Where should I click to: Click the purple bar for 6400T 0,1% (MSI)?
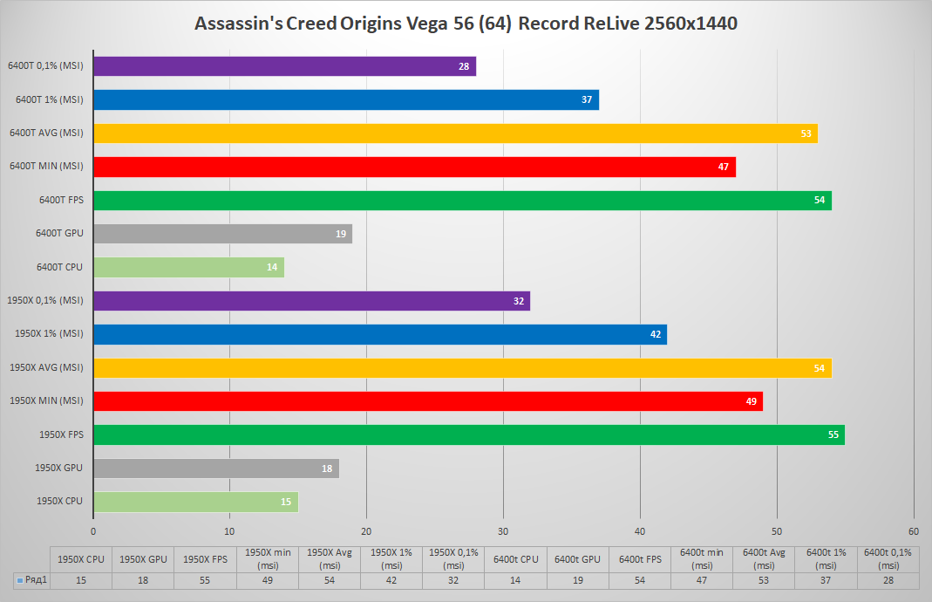pos(284,66)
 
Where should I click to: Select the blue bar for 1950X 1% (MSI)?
pos(379,334)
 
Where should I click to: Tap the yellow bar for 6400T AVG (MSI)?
pos(455,133)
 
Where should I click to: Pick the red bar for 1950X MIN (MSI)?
pos(427,401)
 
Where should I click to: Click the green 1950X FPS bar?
pos(468,434)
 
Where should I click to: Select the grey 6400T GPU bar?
pos(222,234)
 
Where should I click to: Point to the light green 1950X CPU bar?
pos(195,502)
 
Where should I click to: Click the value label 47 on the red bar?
pos(723,167)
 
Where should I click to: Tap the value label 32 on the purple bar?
pos(518,301)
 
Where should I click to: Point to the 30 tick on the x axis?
pos(503,531)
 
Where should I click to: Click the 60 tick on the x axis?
pos(913,531)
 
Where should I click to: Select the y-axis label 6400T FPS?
pos(61,200)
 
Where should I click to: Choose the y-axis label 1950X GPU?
pos(58,468)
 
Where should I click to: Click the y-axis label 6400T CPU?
pos(60,267)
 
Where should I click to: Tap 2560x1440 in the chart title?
pos(690,24)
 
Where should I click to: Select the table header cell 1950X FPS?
pos(205,558)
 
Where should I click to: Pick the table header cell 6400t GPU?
pos(577,558)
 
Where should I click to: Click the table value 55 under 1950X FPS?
pos(205,579)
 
